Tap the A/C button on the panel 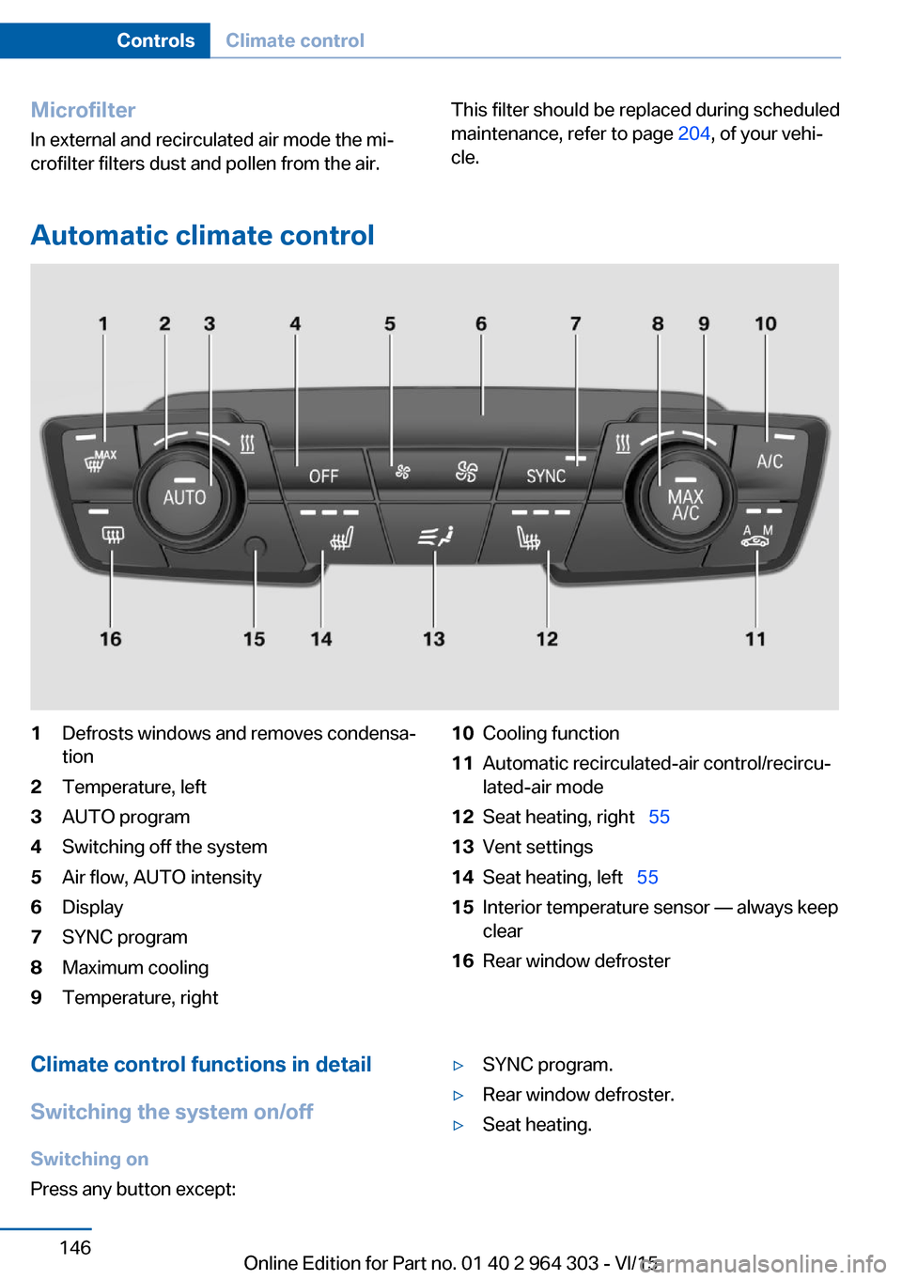click(x=770, y=460)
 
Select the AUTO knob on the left click(x=184, y=496)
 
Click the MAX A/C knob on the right click(x=685, y=503)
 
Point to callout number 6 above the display click(x=481, y=324)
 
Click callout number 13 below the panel click(x=433, y=639)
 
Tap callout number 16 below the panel click(x=110, y=639)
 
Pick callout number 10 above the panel click(x=765, y=324)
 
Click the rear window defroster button click(x=112, y=536)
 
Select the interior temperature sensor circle click(x=255, y=547)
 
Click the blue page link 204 click(x=693, y=133)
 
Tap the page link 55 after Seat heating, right click(x=659, y=817)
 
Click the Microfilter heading click(x=83, y=110)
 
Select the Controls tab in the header click(x=155, y=40)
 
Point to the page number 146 click(x=75, y=1247)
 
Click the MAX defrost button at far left click(x=99, y=458)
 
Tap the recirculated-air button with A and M click(x=757, y=536)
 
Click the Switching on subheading click(x=89, y=1159)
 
